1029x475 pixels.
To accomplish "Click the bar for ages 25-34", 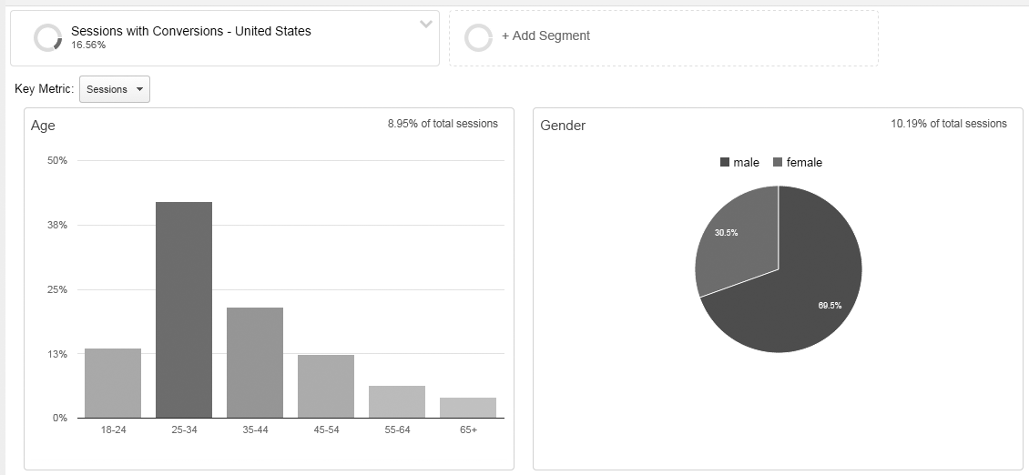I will point(184,309).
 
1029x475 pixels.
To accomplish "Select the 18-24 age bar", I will point(113,383).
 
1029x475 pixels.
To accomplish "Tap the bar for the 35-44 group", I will point(255,362).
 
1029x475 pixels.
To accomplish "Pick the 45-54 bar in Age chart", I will point(326,386).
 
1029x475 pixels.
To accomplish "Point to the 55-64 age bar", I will point(397,401).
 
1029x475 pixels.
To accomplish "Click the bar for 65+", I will point(468,408).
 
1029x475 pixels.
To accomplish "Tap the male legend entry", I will point(739,162).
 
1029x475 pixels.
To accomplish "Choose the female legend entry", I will point(798,162).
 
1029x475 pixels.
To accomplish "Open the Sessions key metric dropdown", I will point(115,89).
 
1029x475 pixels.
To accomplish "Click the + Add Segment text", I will point(545,35).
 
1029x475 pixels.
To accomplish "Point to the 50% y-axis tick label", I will point(57,161).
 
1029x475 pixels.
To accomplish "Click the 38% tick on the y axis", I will point(57,225).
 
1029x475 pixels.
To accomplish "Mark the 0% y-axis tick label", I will point(59,418).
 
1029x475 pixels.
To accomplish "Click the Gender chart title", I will point(563,126).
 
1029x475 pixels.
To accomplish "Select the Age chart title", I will point(43,126).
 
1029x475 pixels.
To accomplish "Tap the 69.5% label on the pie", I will point(830,306).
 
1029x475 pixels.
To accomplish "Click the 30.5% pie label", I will point(726,233).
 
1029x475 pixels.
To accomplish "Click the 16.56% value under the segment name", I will point(88,45).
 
